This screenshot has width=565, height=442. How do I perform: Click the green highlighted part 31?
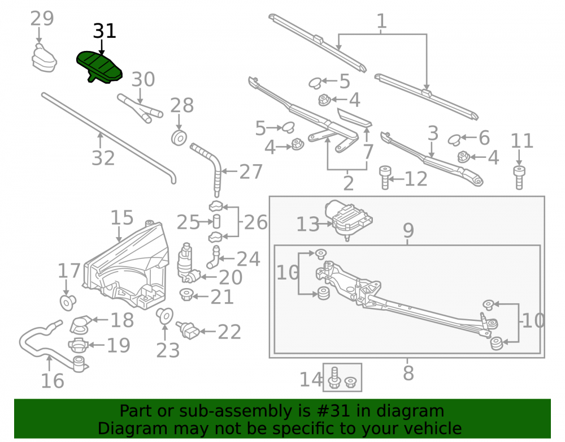pyautogui.click(x=99, y=67)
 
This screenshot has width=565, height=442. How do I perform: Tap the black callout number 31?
pyautogui.click(x=105, y=31)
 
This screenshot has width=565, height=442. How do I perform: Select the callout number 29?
pyautogui.click(x=42, y=19)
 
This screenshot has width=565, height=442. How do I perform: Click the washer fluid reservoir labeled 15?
pyautogui.click(x=126, y=267)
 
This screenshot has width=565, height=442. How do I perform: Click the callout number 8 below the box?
pyautogui.click(x=408, y=373)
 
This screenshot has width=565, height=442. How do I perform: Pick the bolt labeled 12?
pyautogui.click(x=385, y=178)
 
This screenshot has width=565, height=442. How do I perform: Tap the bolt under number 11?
pyautogui.click(x=519, y=177)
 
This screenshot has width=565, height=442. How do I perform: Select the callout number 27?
pyautogui.click(x=251, y=171)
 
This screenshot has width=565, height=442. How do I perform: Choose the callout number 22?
pyautogui.click(x=229, y=332)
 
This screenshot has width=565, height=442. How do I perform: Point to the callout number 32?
pyautogui.click(x=103, y=158)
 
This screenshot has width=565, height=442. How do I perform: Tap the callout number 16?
pyautogui.click(x=53, y=381)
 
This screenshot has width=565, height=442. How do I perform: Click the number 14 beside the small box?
pyautogui.click(x=311, y=380)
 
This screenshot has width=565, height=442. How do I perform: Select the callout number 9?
pyautogui.click(x=408, y=230)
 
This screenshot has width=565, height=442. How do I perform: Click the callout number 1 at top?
pyautogui.click(x=381, y=22)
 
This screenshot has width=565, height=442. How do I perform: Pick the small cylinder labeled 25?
pyautogui.click(x=216, y=221)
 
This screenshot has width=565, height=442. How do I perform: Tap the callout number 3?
pyautogui.click(x=433, y=134)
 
